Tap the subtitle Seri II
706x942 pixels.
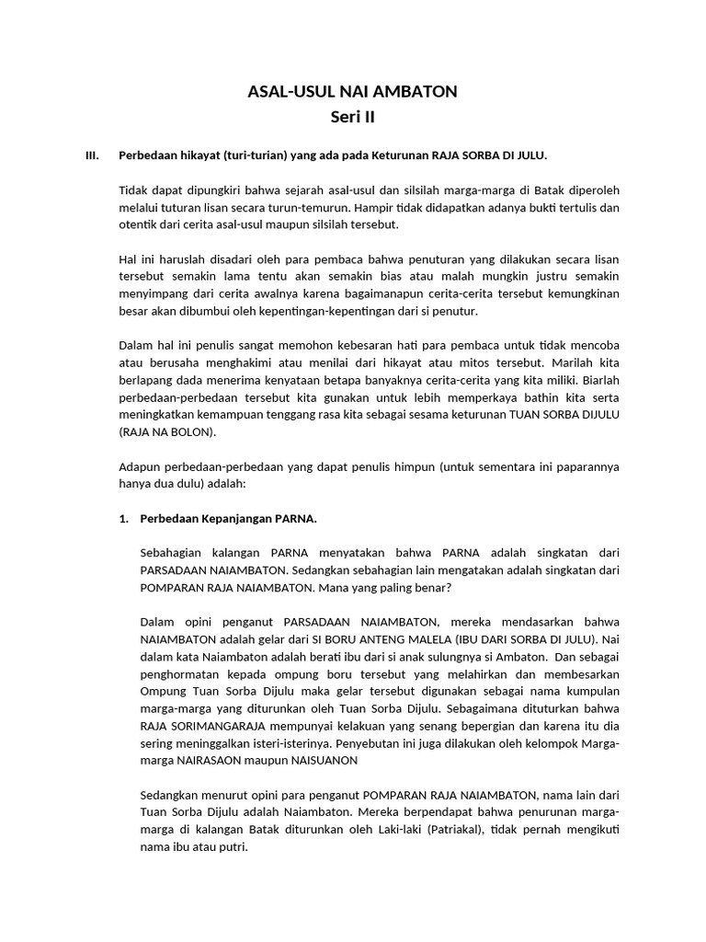coord(353,117)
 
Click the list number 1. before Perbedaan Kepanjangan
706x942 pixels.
coord(125,519)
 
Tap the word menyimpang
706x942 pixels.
coord(153,294)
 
